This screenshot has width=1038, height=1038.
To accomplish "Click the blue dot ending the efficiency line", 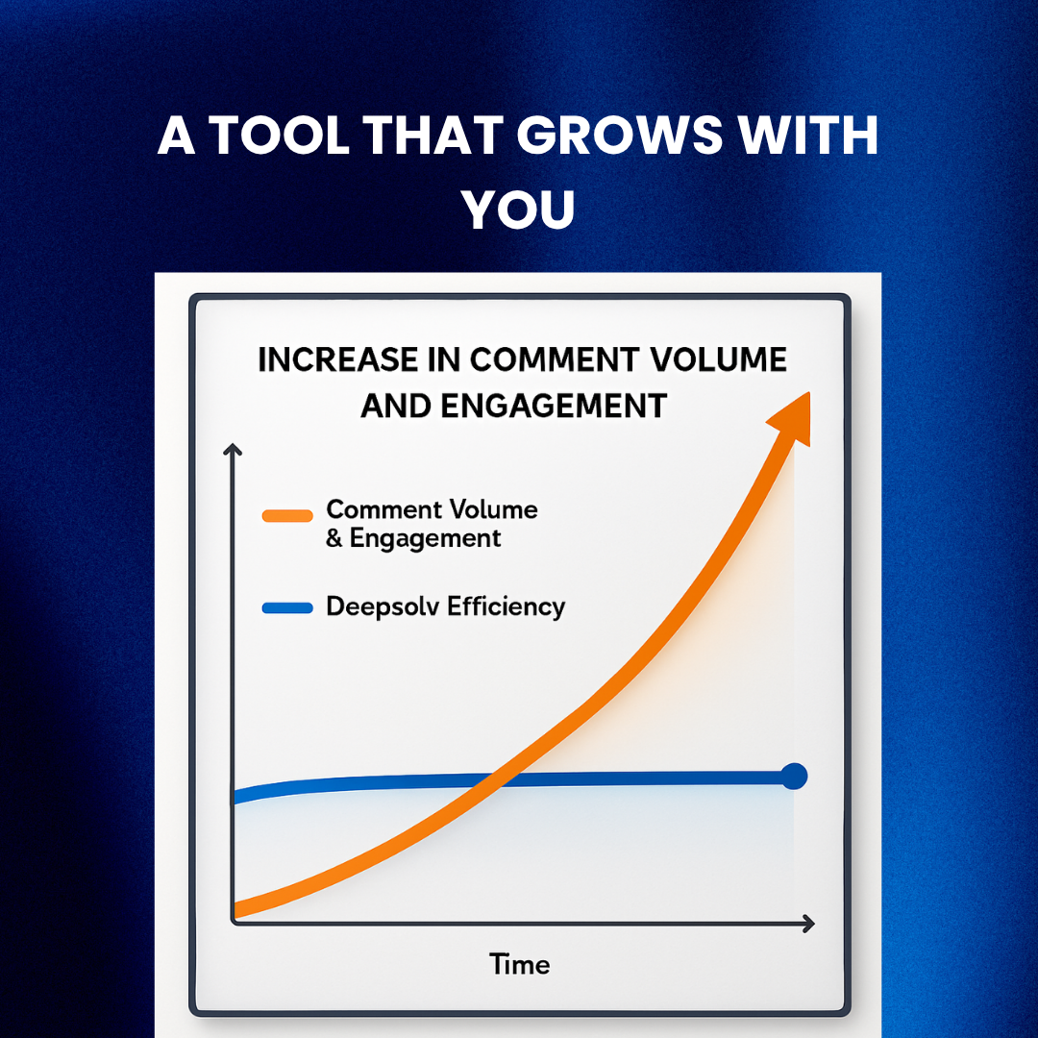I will [794, 776].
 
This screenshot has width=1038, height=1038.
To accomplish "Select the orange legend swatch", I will [286, 516].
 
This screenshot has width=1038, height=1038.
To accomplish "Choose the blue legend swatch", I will [286, 607].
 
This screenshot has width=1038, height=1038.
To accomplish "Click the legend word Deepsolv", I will [384, 607].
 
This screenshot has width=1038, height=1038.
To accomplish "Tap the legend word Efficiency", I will [507, 607].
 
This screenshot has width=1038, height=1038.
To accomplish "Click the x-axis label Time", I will [520, 964].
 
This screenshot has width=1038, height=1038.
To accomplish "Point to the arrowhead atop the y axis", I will [232, 448].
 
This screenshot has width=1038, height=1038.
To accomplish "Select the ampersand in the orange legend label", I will [334, 538].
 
